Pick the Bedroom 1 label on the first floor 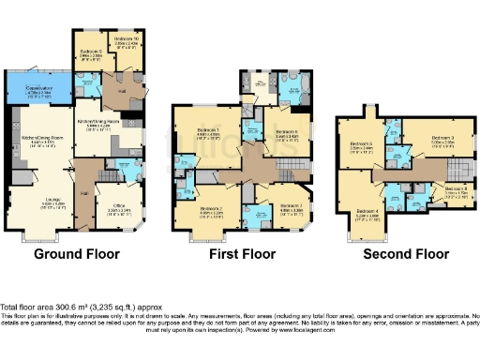tap(208, 130)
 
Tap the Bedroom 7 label tap(288, 210)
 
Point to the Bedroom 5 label tap(361, 145)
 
